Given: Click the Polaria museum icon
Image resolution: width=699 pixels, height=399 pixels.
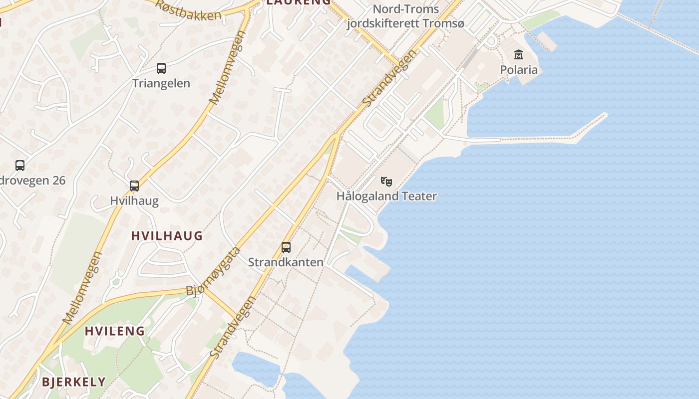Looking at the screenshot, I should (x=519, y=54).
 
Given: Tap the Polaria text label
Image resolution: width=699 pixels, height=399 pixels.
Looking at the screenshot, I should (x=519, y=69).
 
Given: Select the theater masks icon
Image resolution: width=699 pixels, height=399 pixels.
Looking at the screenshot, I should (x=386, y=182).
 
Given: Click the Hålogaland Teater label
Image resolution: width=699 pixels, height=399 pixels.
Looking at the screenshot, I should (x=386, y=196).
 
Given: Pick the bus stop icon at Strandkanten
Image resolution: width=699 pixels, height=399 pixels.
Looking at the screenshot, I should (x=286, y=247).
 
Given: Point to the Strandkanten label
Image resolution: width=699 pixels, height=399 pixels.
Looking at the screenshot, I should (x=286, y=262).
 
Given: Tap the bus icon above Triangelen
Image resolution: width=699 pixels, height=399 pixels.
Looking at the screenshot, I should (x=161, y=68).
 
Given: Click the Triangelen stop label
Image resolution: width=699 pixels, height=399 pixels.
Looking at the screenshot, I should (x=161, y=83).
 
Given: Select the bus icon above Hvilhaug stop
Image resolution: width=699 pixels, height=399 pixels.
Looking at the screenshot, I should (x=134, y=186).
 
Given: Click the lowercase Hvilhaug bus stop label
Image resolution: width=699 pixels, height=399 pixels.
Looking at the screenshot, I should (x=134, y=201).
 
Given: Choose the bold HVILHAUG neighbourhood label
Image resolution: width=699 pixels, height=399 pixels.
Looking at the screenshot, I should (x=167, y=236).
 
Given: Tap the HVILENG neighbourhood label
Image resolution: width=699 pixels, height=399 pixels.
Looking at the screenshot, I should (x=115, y=331).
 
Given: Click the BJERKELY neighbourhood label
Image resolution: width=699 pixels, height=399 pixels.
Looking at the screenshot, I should (x=74, y=382).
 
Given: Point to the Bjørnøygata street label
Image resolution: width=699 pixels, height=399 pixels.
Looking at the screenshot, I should (x=213, y=272).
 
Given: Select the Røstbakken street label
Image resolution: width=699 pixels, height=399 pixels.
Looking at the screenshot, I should (x=188, y=9).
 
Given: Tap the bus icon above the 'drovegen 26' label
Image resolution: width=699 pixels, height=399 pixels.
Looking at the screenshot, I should (x=20, y=165).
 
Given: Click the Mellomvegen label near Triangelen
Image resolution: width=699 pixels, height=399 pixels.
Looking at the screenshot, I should (x=228, y=67).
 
